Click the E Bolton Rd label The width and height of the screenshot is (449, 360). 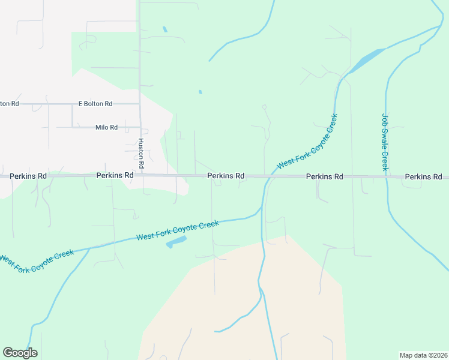pyautogui.click(x=95, y=104)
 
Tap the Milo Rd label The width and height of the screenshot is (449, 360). pyautogui.click(x=106, y=127)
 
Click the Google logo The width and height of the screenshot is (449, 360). pyautogui.click(x=20, y=353)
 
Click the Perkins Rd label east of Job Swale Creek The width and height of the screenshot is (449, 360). pyautogui.click(x=423, y=177)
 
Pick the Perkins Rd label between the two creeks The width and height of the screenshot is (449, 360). pyautogui.click(x=324, y=177)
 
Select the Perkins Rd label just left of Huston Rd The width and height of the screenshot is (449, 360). pyautogui.click(x=115, y=175)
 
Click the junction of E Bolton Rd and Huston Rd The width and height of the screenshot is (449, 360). pyautogui.click(x=140, y=104)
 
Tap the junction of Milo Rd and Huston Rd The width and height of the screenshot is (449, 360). pyautogui.click(x=140, y=127)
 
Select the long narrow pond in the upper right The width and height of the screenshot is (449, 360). pyautogui.click(x=365, y=60)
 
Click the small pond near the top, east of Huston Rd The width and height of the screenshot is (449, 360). pyautogui.click(x=164, y=29)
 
